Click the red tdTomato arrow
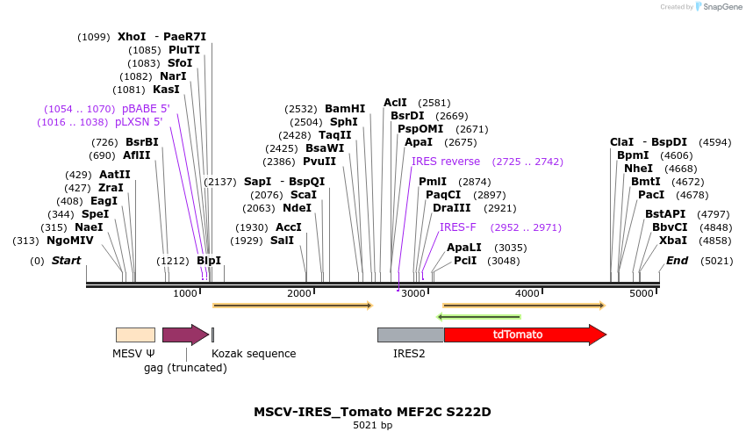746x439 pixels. (x=524, y=335)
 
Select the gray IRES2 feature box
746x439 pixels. (x=411, y=335)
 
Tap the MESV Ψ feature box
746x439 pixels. (x=135, y=335)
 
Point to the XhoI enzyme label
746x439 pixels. (x=132, y=37)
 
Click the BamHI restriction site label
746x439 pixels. (x=345, y=109)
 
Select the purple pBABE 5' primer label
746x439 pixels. (x=146, y=109)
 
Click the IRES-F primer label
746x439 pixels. (x=457, y=227)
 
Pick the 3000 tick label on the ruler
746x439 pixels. (x=412, y=293)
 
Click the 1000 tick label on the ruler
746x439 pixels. (x=185, y=293)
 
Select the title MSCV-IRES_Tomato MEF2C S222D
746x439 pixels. (x=372, y=412)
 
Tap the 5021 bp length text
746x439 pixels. (x=372, y=426)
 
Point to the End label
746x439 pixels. (x=677, y=261)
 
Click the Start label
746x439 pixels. (x=66, y=261)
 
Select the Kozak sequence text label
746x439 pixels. (x=254, y=354)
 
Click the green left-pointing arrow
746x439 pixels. (x=479, y=317)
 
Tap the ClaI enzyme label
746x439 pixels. (x=621, y=142)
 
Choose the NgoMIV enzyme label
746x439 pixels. (x=70, y=241)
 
